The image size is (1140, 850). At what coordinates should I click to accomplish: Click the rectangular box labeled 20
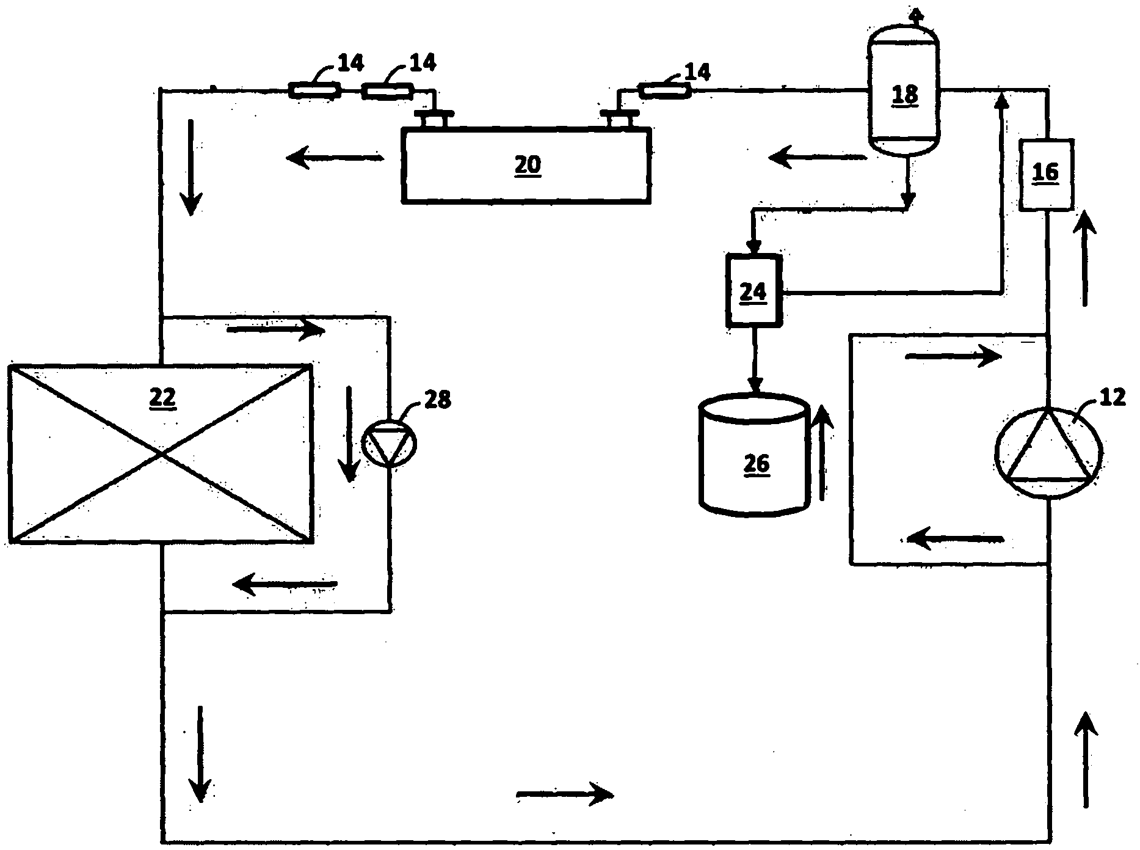526,164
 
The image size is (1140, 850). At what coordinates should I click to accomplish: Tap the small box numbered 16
1046,174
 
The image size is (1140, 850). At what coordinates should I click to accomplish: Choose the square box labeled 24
753,291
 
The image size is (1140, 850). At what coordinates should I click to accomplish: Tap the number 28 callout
437,400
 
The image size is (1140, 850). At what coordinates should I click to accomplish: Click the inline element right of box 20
664,92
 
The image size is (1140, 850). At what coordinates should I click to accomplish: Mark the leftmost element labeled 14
314,92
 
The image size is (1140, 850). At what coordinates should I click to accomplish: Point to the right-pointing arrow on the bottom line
565,794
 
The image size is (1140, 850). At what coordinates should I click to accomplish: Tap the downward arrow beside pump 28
349,434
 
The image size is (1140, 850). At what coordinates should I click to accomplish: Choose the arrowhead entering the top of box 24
754,247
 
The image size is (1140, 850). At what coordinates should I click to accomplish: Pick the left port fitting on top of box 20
433,117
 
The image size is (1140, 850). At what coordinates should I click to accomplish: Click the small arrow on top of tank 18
914,15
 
